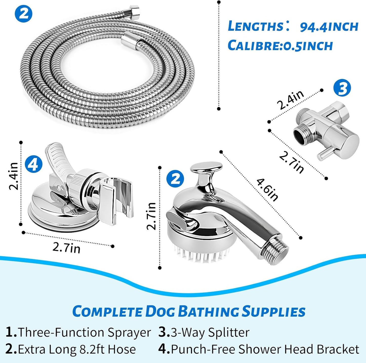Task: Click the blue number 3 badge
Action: pos(342,88)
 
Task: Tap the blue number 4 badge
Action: pos(33,164)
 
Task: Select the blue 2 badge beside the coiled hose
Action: pos(24,14)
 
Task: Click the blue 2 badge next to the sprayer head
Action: pos(175,179)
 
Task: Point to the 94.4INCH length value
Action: pos(329,27)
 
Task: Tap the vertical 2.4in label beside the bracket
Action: pos(14,176)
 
